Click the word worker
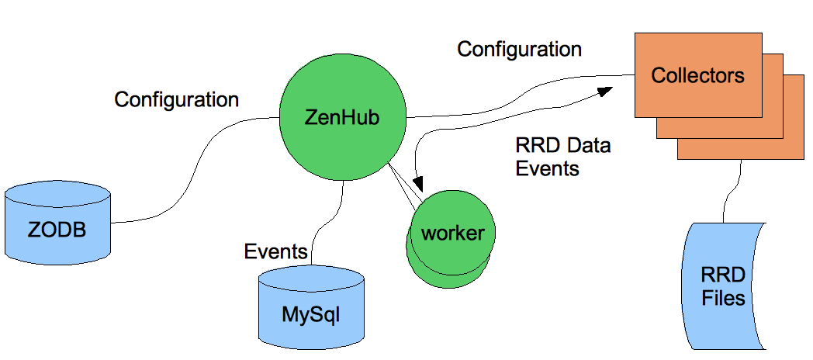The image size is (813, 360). (x=452, y=233)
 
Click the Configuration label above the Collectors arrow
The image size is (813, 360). (x=519, y=49)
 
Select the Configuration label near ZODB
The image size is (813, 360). (x=177, y=99)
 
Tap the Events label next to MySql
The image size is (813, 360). (x=276, y=251)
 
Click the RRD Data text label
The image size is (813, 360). (x=562, y=145)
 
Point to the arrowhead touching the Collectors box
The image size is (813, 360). (x=606, y=92)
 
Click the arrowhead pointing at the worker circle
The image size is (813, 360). (x=420, y=185)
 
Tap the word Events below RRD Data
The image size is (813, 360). (x=548, y=168)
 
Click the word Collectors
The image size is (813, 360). (x=697, y=75)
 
